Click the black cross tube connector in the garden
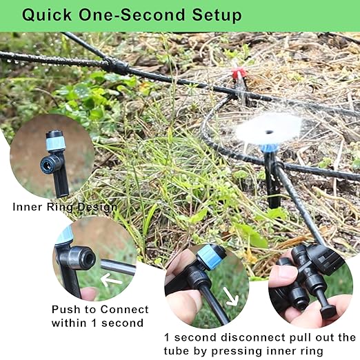point(118,67)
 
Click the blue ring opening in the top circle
point(50,163)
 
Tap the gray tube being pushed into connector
point(118,267)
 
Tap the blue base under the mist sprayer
point(268,147)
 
